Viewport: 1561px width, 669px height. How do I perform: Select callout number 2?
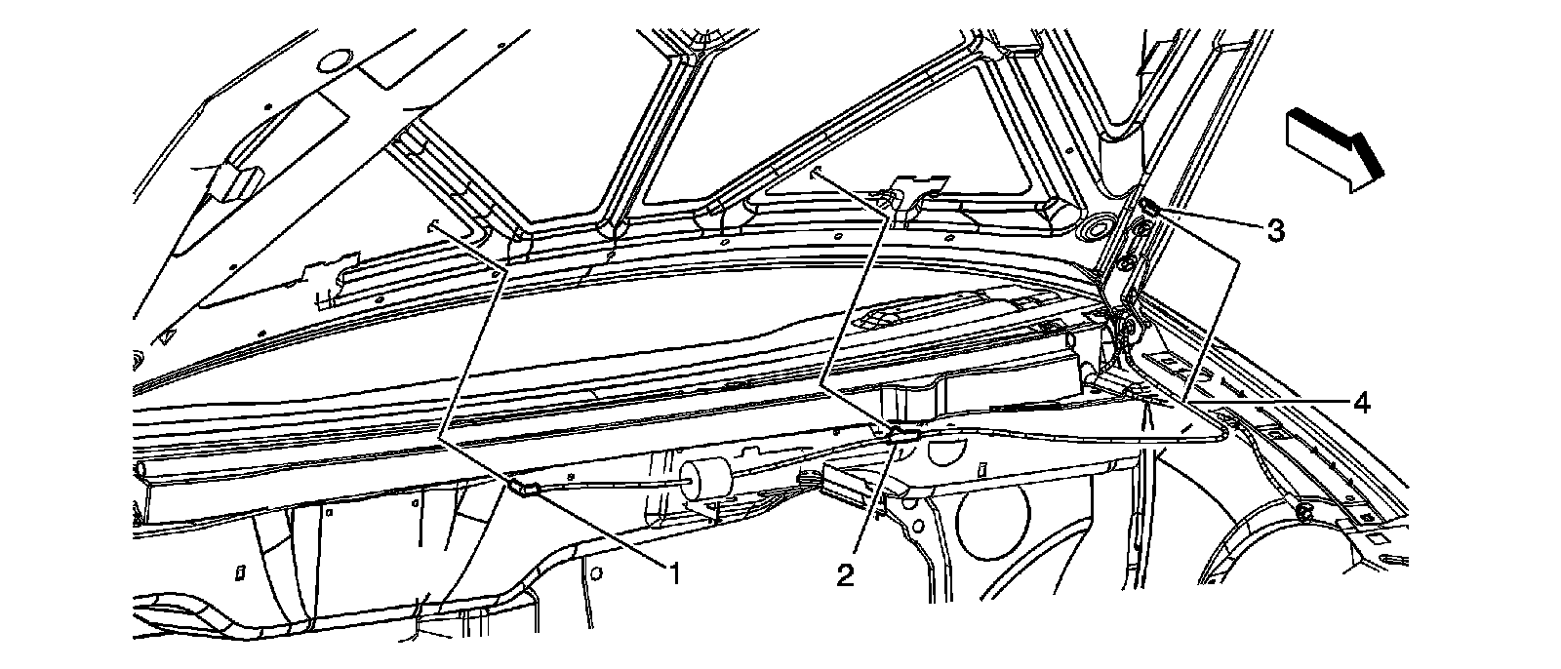tap(845, 575)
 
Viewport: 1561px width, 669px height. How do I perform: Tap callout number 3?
tap(1274, 230)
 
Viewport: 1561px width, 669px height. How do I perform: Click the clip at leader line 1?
tap(523, 487)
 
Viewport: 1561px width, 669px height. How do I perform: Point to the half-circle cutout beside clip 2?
tap(944, 452)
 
